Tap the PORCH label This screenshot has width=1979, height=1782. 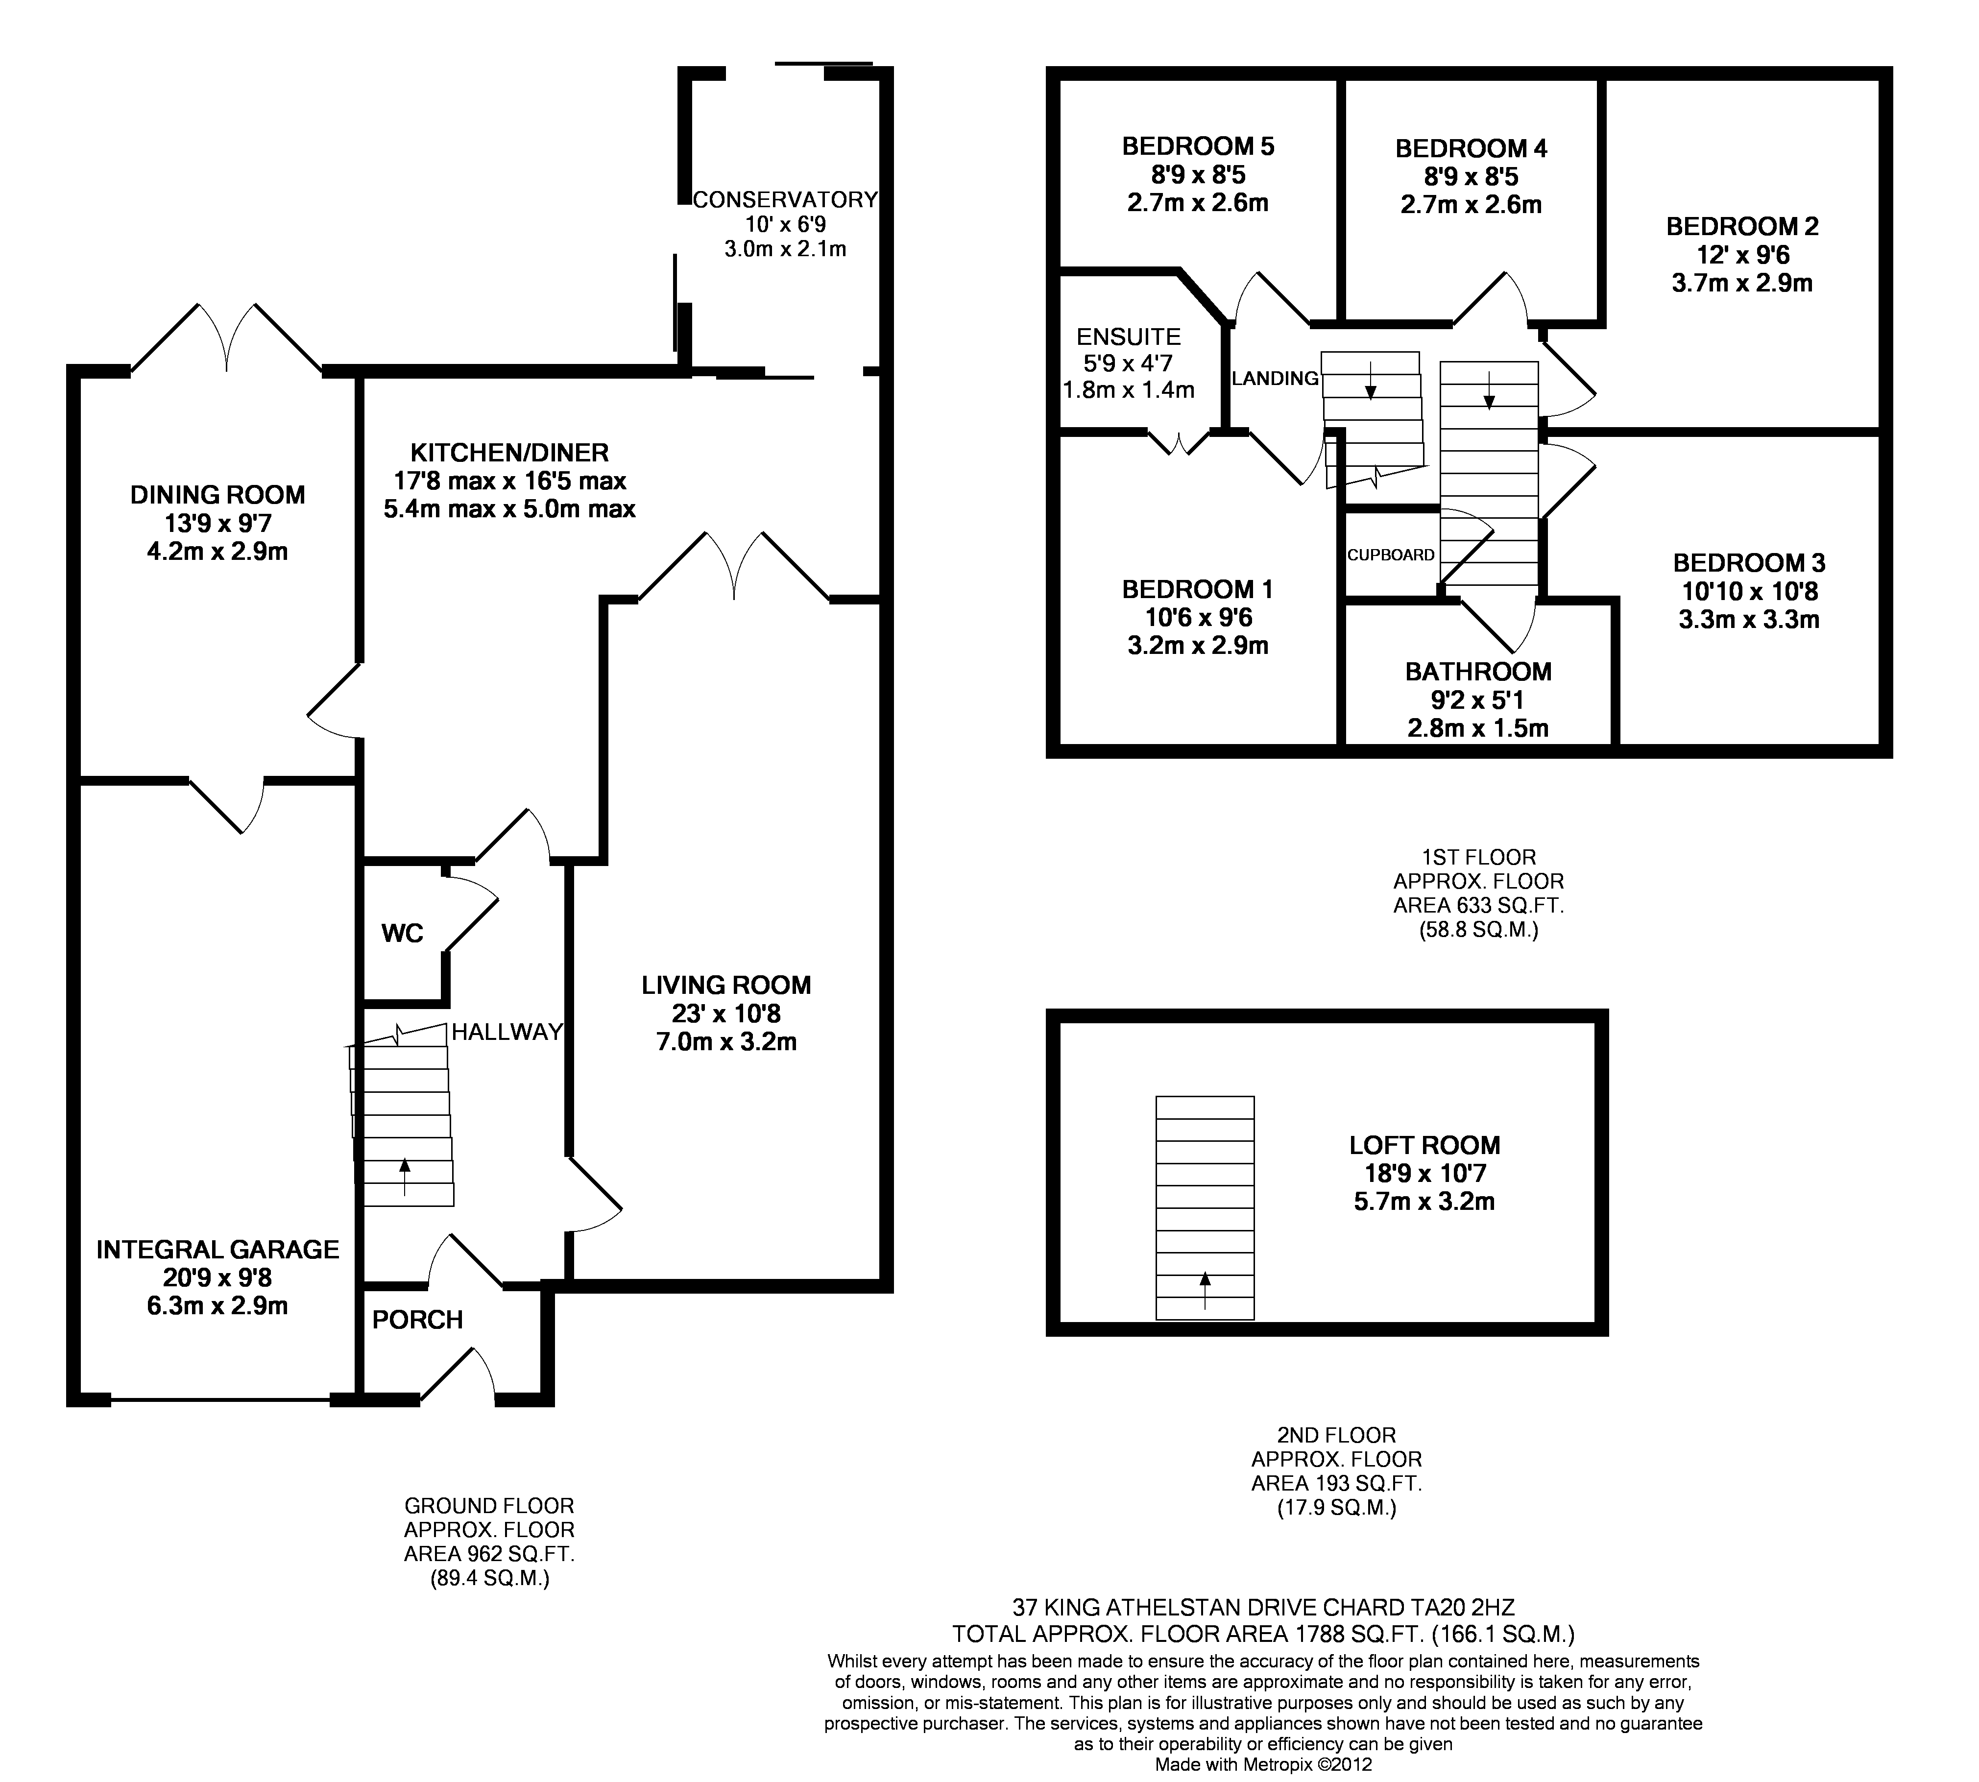(x=417, y=1320)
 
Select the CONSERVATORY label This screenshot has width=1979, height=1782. (x=785, y=200)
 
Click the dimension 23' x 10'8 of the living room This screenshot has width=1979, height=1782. (x=725, y=1014)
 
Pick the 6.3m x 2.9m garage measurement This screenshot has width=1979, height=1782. (x=217, y=1305)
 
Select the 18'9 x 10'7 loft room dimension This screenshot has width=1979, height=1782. (x=1425, y=1173)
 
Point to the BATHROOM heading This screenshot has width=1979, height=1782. (x=1478, y=672)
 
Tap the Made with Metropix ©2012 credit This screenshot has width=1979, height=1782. (x=1263, y=1764)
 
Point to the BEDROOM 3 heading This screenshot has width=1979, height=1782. (x=1749, y=563)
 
